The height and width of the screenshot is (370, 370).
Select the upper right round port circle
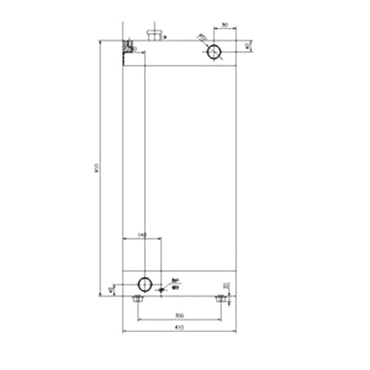pyautogui.click(x=214, y=52)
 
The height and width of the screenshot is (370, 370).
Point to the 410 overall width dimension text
pyautogui.click(x=179, y=327)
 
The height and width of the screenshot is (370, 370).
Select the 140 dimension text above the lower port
pyautogui.click(x=142, y=235)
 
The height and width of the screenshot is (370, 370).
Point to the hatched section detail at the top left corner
pyautogui.click(x=128, y=46)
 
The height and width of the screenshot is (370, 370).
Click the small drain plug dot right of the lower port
pyautogui.click(x=161, y=290)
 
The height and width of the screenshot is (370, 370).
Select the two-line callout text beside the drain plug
pyautogui.click(x=175, y=284)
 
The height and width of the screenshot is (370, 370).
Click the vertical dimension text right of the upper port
pyautogui.click(x=248, y=46)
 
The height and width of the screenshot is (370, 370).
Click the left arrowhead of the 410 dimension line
pyautogui.click(x=123, y=331)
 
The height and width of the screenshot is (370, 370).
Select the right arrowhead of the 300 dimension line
pyautogui.click(x=221, y=319)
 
